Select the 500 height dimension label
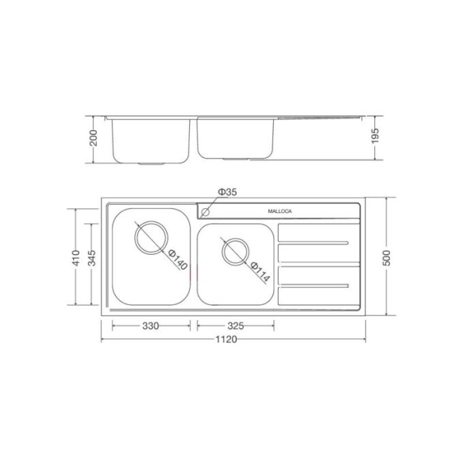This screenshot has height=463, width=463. (386, 257)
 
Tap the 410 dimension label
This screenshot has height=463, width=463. (76, 257)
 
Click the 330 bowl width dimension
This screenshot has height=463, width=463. (150, 325)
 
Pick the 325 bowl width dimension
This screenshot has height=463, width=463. (236, 325)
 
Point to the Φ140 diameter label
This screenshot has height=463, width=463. (177, 257)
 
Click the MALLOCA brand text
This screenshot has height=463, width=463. (278, 212)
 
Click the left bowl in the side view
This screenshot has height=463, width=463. (150, 140)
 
